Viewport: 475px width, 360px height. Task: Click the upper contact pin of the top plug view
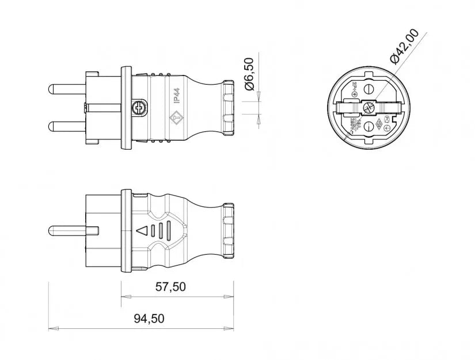[x=67, y=90]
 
